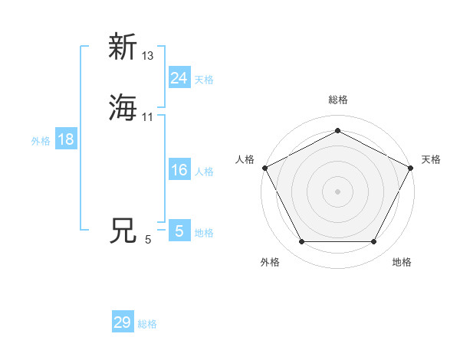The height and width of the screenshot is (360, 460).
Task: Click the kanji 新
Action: (123, 47)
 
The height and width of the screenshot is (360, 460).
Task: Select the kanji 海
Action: (123, 107)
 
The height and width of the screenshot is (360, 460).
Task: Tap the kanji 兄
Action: (123, 230)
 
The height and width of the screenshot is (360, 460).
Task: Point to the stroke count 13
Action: (148, 56)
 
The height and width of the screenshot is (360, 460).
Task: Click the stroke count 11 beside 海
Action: (148, 116)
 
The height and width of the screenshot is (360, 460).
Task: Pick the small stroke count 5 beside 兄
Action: (148, 240)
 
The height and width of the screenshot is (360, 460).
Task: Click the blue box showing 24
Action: (179, 77)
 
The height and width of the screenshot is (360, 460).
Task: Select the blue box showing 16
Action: (179, 170)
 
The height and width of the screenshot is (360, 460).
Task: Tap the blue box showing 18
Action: (65, 139)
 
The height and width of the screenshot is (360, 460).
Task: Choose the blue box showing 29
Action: (123, 322)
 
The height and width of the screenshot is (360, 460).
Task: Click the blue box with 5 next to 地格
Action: (179, 231)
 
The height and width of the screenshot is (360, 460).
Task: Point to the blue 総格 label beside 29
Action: (147, 324)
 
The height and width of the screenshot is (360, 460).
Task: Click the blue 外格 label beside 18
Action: (40, 141)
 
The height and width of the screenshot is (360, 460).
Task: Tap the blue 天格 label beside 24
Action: (204, 79)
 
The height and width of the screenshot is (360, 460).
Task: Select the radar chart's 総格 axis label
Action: (337, 100)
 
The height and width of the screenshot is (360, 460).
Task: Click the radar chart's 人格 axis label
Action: (245, 159)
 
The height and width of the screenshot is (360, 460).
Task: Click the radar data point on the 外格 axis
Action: (301, 242)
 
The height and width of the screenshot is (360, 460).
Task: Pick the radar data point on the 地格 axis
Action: (373, 242)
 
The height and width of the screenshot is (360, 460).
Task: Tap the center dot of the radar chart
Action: (337, 191)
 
